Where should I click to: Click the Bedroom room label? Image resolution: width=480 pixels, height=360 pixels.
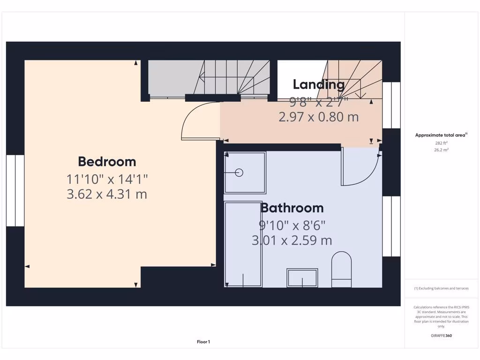point(107,162)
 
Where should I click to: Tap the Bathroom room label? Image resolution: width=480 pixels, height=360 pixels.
point(292,208)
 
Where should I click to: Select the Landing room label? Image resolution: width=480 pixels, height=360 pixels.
point(319,84)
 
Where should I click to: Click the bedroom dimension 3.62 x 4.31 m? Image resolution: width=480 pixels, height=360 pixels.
point(107,194)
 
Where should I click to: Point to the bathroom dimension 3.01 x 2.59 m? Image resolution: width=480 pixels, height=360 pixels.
point(292,240)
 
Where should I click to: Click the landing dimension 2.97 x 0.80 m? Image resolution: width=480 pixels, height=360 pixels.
point(319,117)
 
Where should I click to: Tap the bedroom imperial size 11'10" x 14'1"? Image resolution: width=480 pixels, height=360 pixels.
point(107,179)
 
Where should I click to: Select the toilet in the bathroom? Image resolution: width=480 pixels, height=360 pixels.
point(341,270)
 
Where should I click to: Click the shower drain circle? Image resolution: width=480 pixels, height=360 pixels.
point(239,172)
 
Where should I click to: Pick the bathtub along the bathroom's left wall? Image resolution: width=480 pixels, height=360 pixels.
point(243,244)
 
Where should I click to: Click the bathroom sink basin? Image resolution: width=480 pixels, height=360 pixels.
point(302,277)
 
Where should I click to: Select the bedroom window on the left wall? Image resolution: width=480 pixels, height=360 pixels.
point(15,190)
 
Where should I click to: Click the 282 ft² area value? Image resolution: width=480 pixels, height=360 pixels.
point(441,143)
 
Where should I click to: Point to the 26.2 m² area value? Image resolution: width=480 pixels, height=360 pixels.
point(441,150)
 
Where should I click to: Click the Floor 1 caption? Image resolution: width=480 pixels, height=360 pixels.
point(203,342)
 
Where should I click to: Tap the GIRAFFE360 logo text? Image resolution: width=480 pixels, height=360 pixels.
point(441,336)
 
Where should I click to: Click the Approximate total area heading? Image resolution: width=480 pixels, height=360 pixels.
point(440,135)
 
